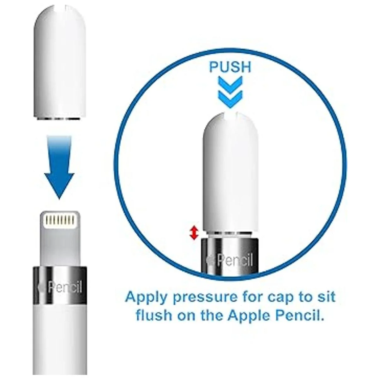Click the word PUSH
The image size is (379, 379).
pos(230,67)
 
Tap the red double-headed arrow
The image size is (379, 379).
pos(194,233)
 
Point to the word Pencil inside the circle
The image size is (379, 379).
pos(235,260)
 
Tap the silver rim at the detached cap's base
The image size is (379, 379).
pos(60,118)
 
